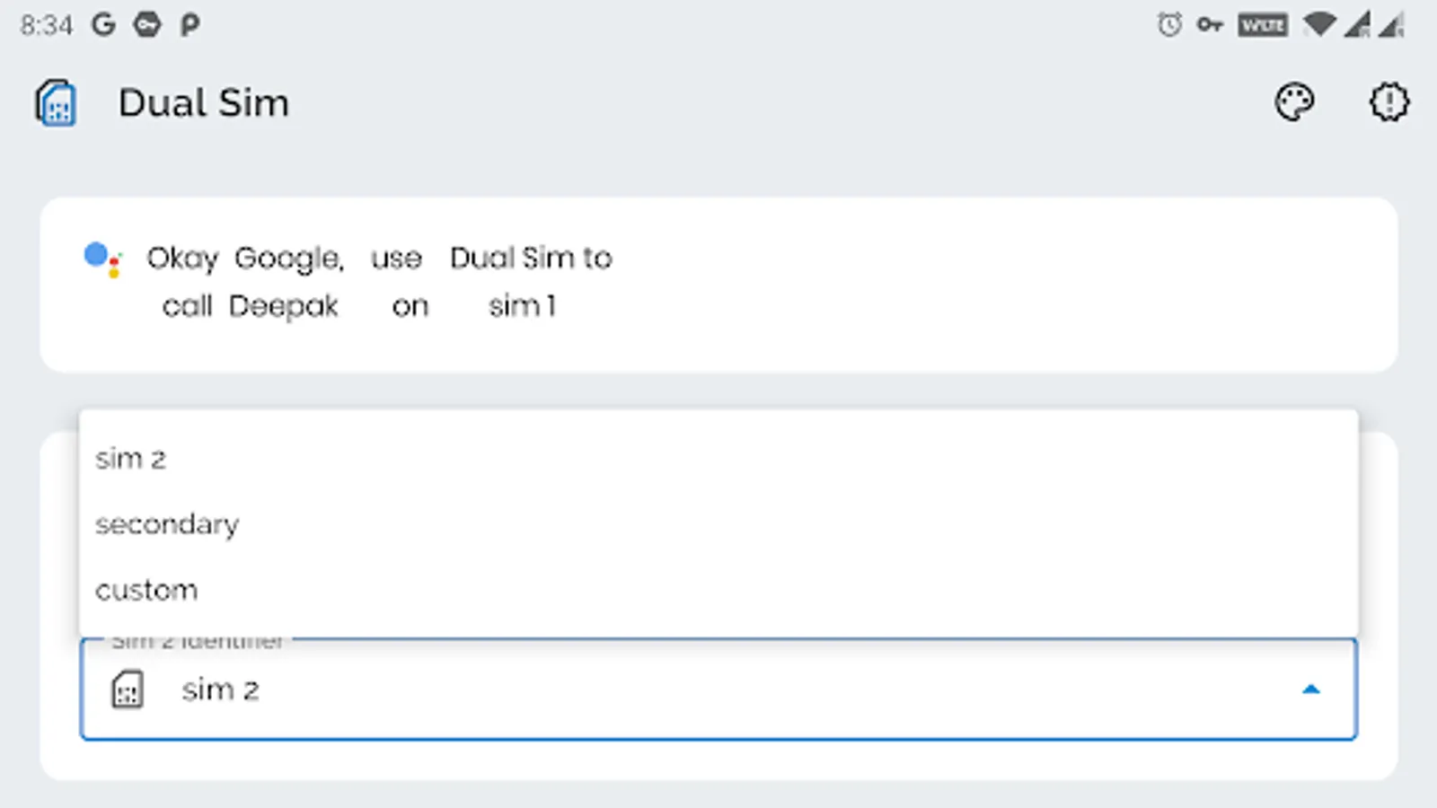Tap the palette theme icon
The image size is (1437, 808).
(x=1294, y=102)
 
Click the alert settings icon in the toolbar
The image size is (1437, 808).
(x=1389, y=102)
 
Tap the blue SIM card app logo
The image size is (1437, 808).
(x=56, y=103)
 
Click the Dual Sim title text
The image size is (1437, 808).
(x=204, y=103)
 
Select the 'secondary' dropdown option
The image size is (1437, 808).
(x=167, y=524)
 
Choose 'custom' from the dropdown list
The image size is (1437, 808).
(x=146, y=590)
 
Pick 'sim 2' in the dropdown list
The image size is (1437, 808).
(x=131, y=459)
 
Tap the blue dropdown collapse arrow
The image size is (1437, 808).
(x=1310, y=689)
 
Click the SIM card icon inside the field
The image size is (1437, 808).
(x=128, y=689)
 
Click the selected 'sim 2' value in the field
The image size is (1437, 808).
(x=220, y=689)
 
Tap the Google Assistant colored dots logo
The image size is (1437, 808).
(x=101, y=259)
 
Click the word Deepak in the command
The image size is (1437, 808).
(x=283, y=307)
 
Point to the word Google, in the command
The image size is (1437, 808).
(x=288, y=259)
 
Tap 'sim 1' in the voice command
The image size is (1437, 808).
(x=522, y=307)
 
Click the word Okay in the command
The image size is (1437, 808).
(x=182, y=259)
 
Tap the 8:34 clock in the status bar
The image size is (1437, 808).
(x=46, y=25)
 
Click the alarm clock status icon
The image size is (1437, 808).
(x=1169, y=25)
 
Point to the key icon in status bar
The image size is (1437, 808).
(x=1210, y=25)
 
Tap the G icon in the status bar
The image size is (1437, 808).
(x=103, y=25)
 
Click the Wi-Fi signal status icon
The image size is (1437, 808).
(x=1318, y=25)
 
